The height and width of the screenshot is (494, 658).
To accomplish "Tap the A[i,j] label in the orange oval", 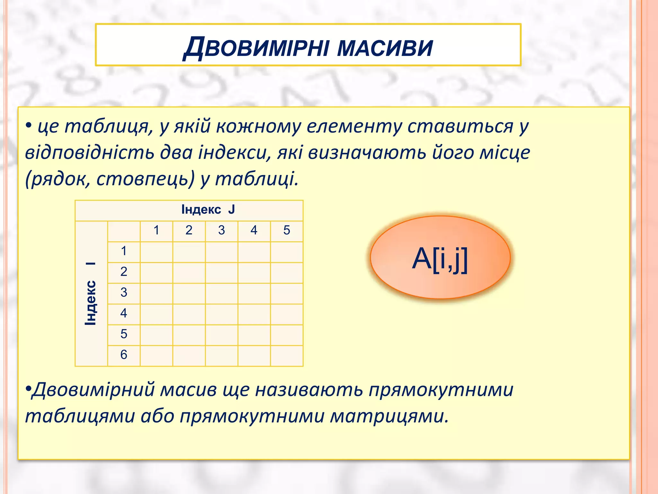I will click(440, 259).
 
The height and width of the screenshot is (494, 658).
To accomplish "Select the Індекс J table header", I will click(208, 210).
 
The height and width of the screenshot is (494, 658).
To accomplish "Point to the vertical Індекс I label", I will click(91, 293).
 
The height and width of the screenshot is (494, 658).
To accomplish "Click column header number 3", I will click(221, 230).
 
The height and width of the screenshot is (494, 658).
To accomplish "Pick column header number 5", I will click(287, 230).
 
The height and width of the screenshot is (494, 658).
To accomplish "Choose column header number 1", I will click(156, 230).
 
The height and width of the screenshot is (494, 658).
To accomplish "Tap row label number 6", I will click(124, 355).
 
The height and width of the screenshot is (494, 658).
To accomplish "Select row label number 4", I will click(124, 313).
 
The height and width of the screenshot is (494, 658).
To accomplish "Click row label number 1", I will click(124, 251).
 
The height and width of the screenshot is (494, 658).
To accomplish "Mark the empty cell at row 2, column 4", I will click(254, 273).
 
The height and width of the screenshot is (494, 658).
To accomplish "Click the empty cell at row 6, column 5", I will click(287, 356).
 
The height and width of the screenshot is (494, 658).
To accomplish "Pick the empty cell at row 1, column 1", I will click(156, 252).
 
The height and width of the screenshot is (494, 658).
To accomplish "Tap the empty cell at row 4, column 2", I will click(189, 314).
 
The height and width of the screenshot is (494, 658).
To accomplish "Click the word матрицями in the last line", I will click(389, 416).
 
